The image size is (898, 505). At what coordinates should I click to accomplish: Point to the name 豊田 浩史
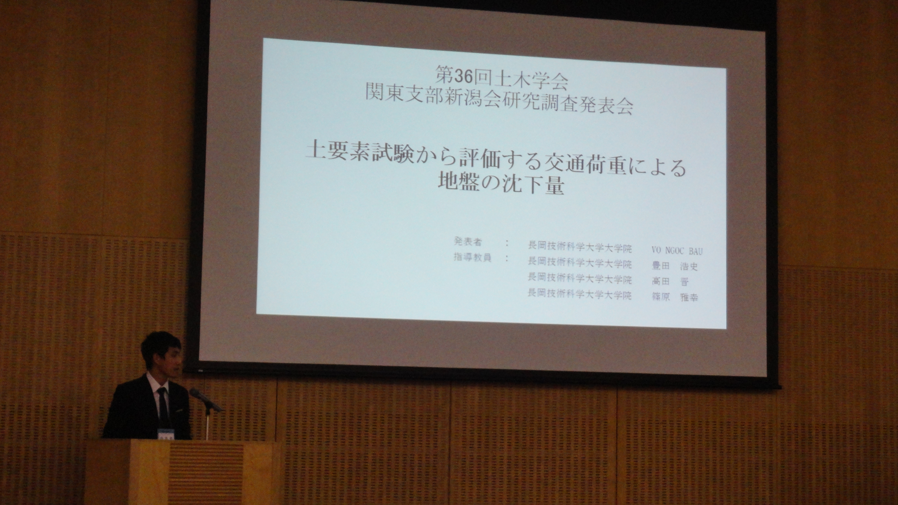(675, 266)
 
